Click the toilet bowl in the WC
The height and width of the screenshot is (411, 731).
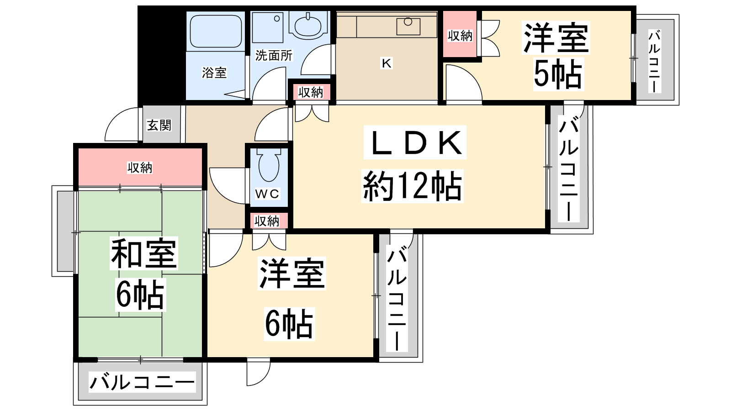coord(269,165)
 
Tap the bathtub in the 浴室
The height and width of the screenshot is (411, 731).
coord(216,31)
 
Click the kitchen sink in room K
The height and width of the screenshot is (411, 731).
coord(408,26)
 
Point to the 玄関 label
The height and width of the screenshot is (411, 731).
coord(159,125)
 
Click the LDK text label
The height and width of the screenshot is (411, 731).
coord(415,143)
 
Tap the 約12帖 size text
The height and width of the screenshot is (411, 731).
coord(412,186)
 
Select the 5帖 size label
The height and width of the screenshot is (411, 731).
coord(558,74)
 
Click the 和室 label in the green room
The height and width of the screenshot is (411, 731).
coord(143,253)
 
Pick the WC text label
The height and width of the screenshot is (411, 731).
coord(267,194)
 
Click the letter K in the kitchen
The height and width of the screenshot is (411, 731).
coord(387,63)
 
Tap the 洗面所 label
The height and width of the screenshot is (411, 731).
coord(274,55)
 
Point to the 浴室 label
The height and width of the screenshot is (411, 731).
coord(214,73)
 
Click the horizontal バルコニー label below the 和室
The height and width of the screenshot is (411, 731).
coord(142,382)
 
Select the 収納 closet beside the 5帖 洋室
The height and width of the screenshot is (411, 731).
coord(460,34)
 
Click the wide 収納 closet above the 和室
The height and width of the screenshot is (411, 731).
coord(140,168)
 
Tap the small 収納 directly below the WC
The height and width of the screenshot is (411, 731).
coord(267,221)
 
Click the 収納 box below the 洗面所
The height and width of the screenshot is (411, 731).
coord(311,92)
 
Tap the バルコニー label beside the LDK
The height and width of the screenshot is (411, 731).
coord(569,169)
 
